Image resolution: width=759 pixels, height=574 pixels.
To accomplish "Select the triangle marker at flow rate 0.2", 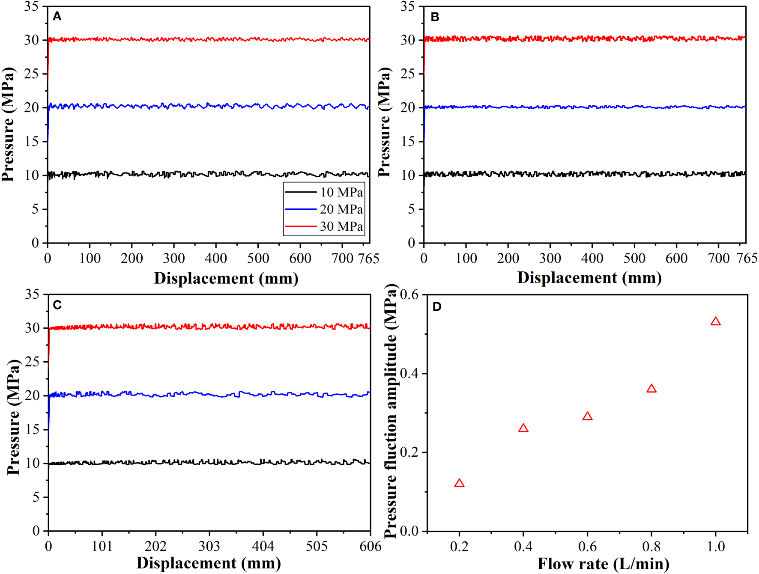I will point(459,484).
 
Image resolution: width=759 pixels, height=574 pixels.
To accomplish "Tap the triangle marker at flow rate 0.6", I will point(587,416).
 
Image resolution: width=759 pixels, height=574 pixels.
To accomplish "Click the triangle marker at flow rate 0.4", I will point(523,428).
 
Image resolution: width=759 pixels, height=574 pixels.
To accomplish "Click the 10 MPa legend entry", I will point(324,192).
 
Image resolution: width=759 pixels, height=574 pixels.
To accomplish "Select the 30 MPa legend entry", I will point(324,226).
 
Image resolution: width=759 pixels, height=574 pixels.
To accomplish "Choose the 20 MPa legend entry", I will point(324,209).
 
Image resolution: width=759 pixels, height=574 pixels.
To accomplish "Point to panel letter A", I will point(57,16).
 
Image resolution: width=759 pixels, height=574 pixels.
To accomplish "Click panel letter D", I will point(437,306).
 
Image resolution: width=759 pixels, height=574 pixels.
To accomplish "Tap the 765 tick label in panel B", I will point(747,258).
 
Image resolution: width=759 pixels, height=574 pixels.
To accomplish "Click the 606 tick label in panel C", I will point(371,546).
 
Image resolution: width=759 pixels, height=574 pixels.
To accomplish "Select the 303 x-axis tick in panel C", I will point(209,546).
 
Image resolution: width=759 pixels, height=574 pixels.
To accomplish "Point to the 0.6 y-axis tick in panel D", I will point(409,294).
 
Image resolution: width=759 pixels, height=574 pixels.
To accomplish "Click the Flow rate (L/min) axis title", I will point(603,564).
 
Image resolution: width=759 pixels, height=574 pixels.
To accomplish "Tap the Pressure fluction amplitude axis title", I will point(390,411).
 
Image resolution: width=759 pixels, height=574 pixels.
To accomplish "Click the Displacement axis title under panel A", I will point(226,278).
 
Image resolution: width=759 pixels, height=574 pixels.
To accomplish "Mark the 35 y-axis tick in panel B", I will point(408,6).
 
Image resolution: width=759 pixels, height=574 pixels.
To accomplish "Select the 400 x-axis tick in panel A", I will point(216,258).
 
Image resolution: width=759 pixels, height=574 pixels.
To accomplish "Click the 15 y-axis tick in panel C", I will point(33,429).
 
